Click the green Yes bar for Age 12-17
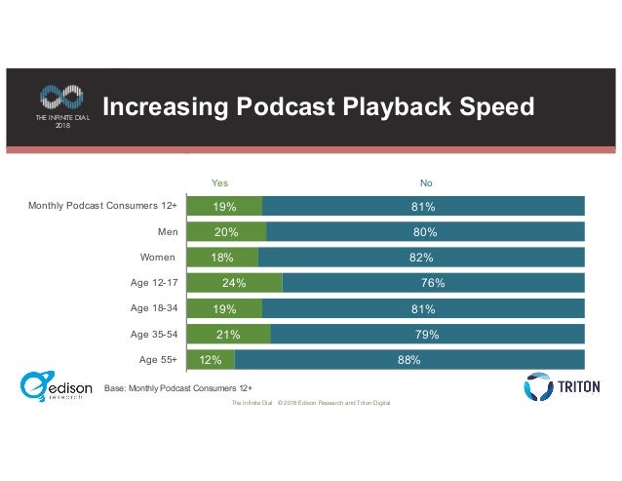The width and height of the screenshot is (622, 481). (x=234, y=283)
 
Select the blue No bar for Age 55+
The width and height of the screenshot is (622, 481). (x=409, y=359)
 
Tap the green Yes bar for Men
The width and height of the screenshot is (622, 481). (x=226, y=232)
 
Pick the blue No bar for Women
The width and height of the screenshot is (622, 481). (x=421, y=258)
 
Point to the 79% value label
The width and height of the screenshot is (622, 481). (x=427, y=334)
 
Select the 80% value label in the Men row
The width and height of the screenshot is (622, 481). (x=424, y=232)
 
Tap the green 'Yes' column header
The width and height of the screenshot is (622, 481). (x=220, y=181)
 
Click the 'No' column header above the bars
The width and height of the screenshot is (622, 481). (x=426, y=181)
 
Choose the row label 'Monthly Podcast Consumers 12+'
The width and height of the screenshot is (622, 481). (x=102, y=206)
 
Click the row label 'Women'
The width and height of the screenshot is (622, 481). (x=158, y=258)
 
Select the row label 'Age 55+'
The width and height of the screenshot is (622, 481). (x=157, y=359)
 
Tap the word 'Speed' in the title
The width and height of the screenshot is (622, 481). (x=491, y=106)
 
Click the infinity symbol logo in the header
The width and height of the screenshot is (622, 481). (x=60, y=97)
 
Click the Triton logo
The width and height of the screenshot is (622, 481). (x=559, y=386)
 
